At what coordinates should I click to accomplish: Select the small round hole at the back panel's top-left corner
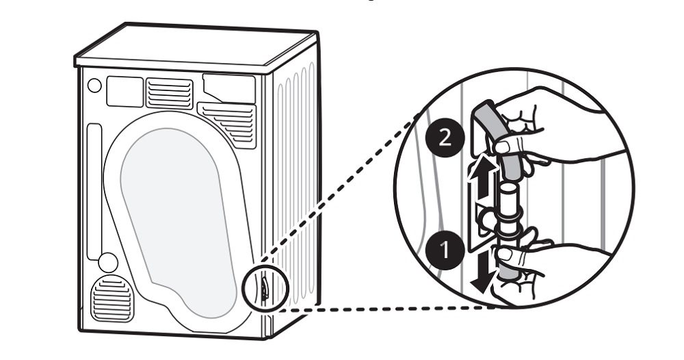point(94,86)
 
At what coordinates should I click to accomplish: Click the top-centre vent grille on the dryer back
point(169,93)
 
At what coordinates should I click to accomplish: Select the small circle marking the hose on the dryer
point(264,285)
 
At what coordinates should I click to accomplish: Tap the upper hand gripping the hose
point(547,123)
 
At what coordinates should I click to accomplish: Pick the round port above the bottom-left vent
point(107,262)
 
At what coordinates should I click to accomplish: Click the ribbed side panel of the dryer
point(294,171)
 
